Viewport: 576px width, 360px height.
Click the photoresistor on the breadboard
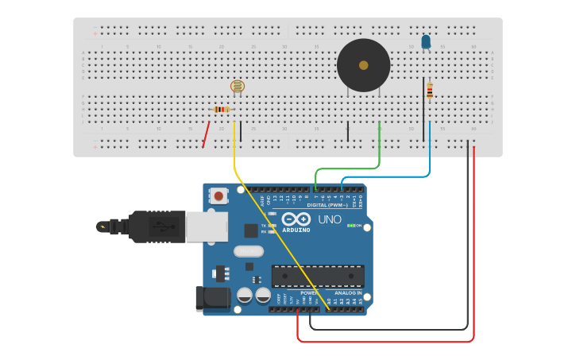tap(238, 86)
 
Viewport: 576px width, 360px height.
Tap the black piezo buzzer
tap(363, 66)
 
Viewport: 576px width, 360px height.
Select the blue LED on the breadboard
tap(426, 41)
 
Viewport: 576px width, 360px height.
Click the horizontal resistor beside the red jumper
tap(222, 109)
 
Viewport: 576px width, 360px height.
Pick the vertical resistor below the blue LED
tap(430, 91)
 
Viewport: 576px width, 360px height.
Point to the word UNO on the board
tap(330, 219)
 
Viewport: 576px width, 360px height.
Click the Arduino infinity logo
tap(296, 219)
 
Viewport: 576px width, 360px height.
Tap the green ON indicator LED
tap(350, 226)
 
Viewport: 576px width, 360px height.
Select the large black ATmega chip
tap(318, 276)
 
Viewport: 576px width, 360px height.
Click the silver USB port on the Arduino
tap(207, 226)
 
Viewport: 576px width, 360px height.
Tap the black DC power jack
tap(213, 299)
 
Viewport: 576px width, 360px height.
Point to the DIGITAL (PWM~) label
tap(333, 205)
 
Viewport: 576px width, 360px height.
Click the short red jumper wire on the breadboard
tap(206, 134)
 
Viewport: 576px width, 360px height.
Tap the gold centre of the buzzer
tap(364, 65)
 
